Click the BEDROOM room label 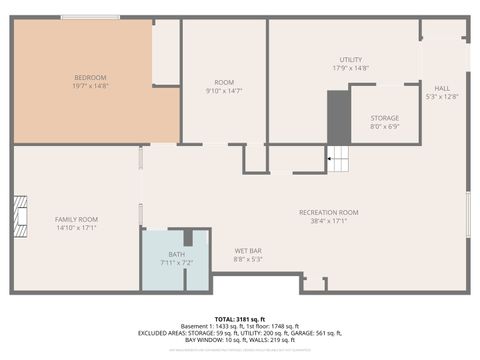[x=90, y=77]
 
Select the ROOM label [x=224, y=82]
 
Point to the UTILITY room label [x=350, y=60]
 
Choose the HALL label [x=441, y=88]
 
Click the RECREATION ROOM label [x=328, y=212]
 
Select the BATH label [x=176, y=255]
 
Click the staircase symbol [x=343, y=157]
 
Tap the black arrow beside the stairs [x=329, y=157]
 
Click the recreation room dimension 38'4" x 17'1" [x=328, y=222]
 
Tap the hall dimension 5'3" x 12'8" [x=441, y=97]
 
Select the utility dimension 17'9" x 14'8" [x=350, y=69]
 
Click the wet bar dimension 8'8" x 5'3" [x=248, y=259]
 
